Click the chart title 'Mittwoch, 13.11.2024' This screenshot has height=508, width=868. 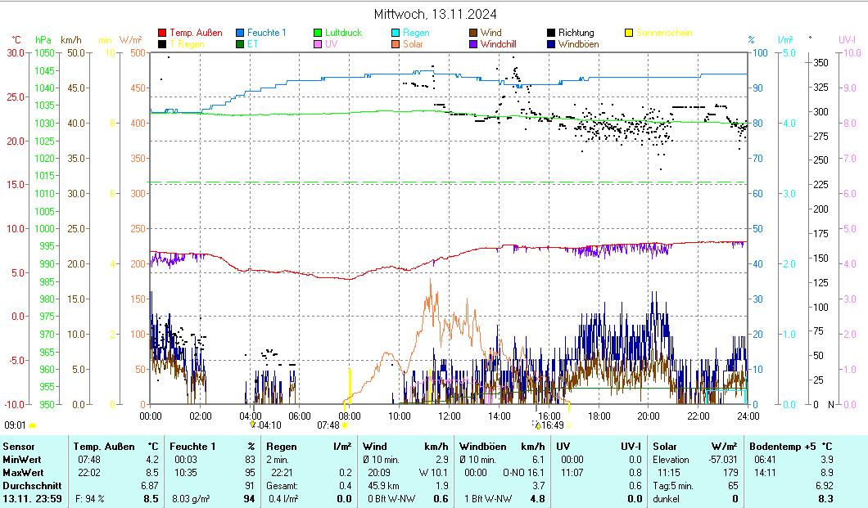pyautogui.click(x=435, y=14)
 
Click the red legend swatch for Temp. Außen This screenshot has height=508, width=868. pyautogui.click(x=162, y=33)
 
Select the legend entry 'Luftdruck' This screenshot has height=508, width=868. pyautogui.click(x=341, y=33)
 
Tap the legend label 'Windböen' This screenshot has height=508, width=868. pyautogui.click(x=578, y=44)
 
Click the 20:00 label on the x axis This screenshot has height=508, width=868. pyautogui.click(x=649, y=416)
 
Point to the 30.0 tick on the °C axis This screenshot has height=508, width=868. pyautogui.click(x=16, y=53)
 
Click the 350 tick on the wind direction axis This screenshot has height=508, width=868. pyautogui.click(x=819, y=63)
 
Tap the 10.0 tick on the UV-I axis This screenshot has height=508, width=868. pyautogui.click(x=848, y=53)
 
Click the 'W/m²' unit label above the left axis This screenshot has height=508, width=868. pyautogui.click(x=131, y=39)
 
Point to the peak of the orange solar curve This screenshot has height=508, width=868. pyautogui.click(x=430, y=280)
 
